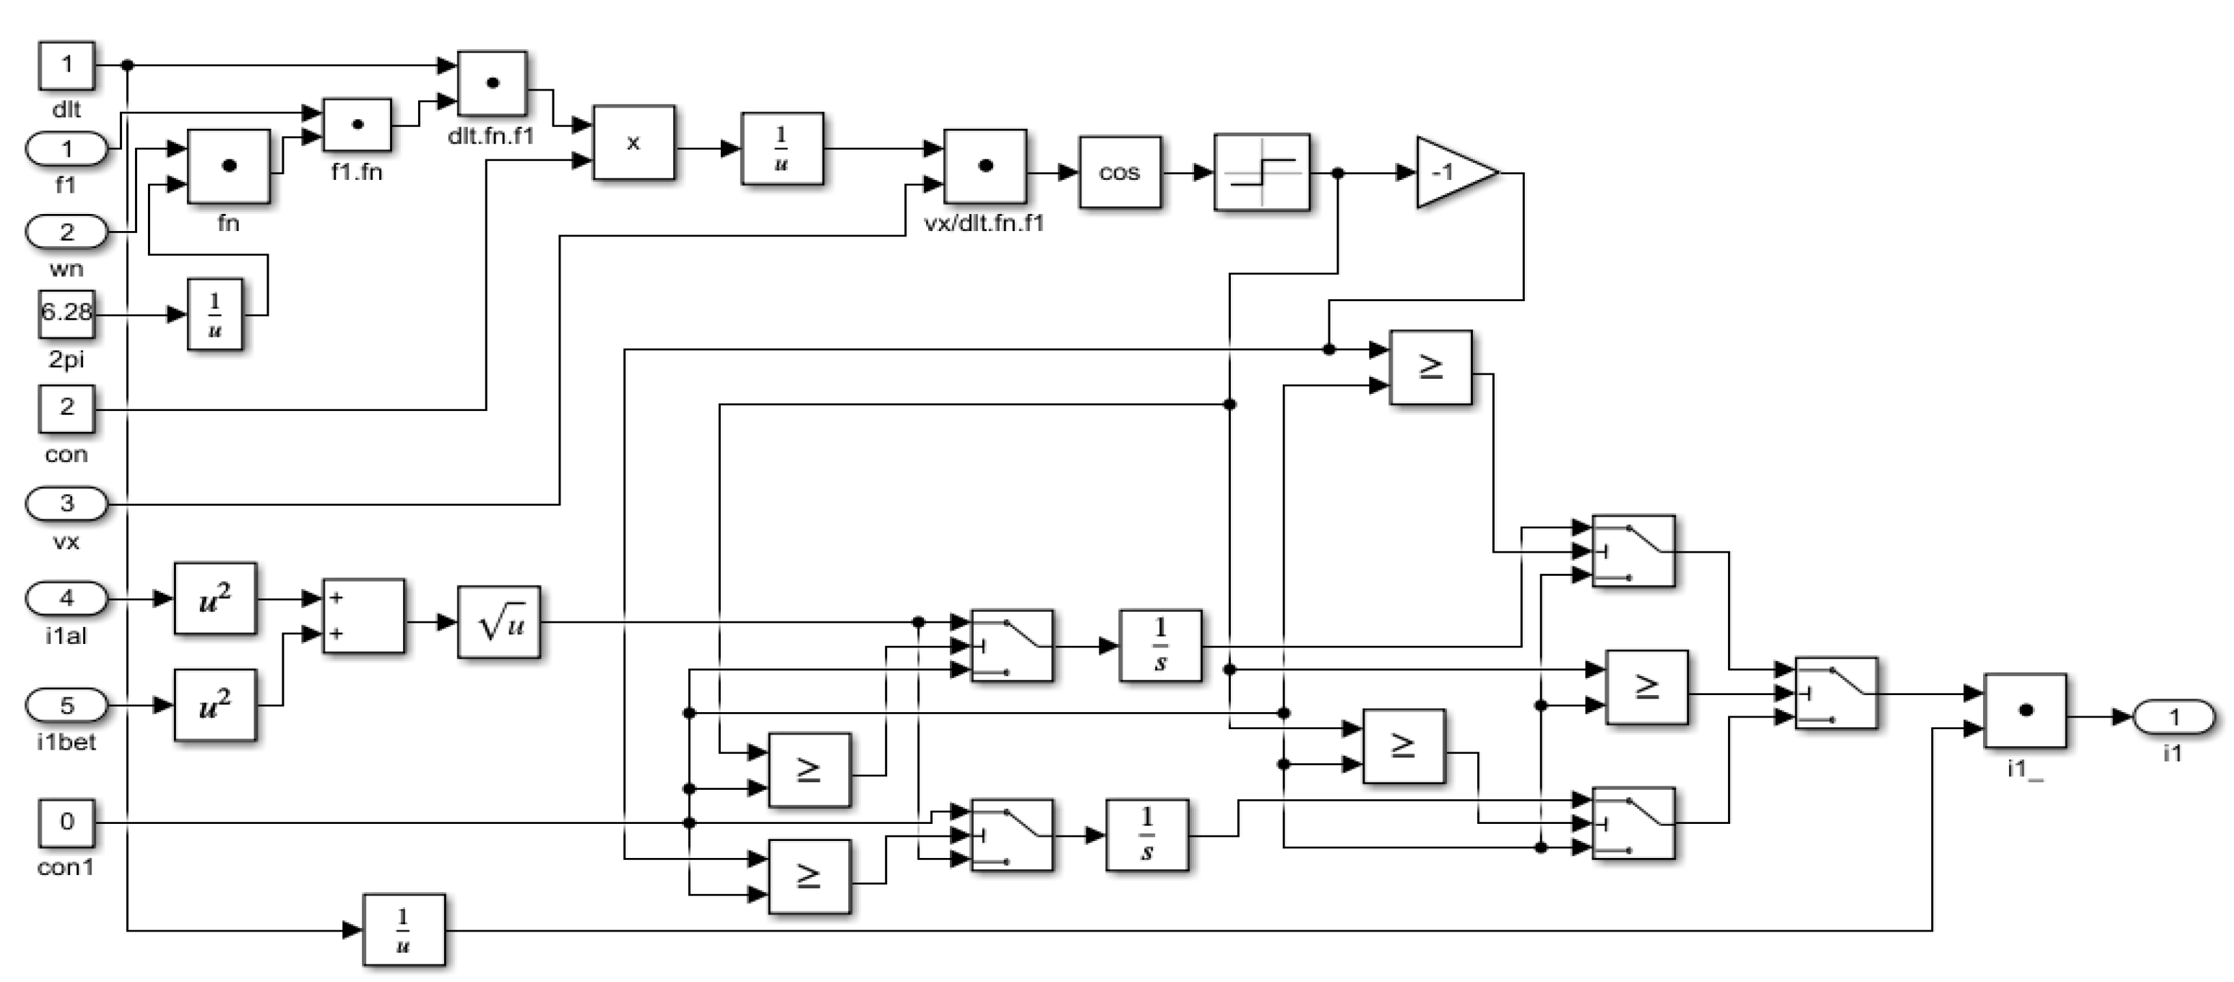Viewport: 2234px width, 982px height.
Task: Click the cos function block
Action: coord(1119,172)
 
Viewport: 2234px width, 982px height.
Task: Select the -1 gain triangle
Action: coord(1450,172)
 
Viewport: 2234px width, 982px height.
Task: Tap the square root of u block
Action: coord(498,622)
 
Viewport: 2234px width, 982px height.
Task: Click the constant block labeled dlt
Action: coord(66,65)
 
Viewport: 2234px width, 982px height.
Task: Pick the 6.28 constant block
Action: coord(66,313)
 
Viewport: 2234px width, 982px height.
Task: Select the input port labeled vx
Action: coord(66,504)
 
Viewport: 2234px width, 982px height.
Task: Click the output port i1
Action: coord(2173,717)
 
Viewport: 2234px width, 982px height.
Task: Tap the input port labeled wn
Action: coord(66,232)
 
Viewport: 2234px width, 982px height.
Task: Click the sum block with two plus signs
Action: coord(363,615)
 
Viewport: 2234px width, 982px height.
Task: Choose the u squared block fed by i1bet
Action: coord(214,705)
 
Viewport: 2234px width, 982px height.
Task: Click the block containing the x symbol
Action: coord(633,143)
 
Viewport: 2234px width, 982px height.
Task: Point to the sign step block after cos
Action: coord(1261,172)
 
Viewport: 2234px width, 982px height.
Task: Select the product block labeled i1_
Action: coord(2025,711)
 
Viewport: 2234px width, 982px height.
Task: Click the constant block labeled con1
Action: coord(66,823)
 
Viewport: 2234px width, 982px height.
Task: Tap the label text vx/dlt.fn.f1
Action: coord(984,224)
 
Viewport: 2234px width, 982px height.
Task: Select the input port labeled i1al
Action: coord(66,598)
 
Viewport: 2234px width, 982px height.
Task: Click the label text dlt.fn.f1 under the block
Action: coord(491,136)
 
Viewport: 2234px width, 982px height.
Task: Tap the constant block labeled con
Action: coord(66,409)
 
